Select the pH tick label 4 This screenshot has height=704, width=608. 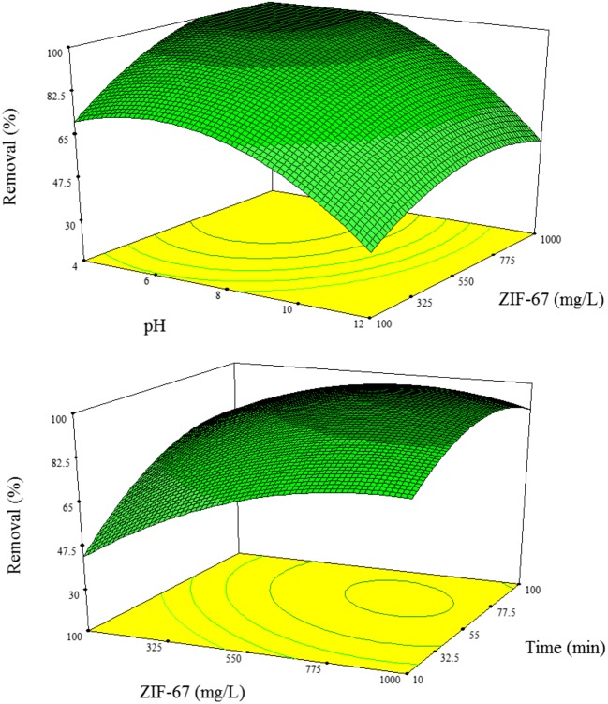[x=72, y=266]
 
